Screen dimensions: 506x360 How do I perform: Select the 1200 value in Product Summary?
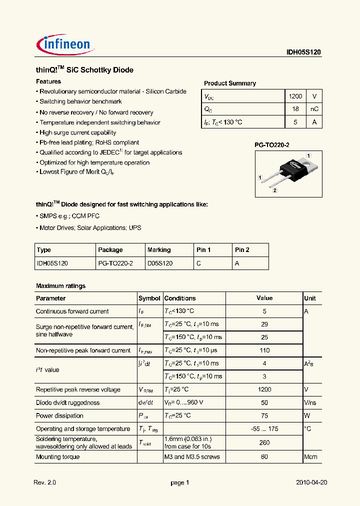295,96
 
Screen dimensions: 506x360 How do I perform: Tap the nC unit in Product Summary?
314,109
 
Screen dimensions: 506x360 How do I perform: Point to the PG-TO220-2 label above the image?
272,145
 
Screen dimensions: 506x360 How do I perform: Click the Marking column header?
159,250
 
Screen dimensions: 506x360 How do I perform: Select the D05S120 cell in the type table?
160,263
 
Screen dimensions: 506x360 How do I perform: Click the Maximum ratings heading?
60,286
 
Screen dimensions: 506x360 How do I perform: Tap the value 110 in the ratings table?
264,350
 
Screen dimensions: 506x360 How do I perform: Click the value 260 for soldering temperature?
264,442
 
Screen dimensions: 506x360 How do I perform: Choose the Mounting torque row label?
57,456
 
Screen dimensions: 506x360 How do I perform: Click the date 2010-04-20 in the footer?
311,482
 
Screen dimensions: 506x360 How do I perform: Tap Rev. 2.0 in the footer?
45,482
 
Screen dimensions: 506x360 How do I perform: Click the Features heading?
48,81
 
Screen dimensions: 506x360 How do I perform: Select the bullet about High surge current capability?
77,132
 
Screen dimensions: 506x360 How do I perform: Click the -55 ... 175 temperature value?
264,429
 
